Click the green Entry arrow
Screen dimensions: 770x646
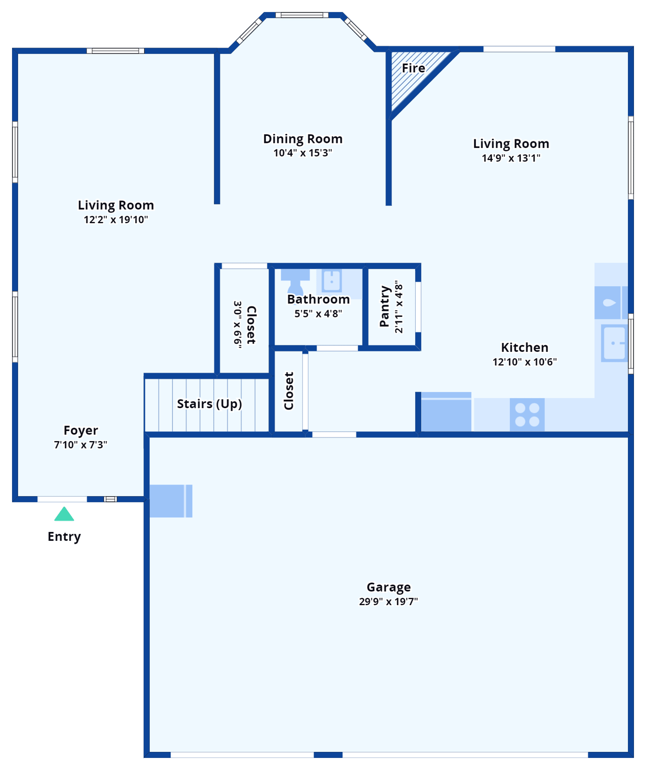point(64,515)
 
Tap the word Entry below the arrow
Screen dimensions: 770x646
point(64,536)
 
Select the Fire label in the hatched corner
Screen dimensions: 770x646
point(414,68)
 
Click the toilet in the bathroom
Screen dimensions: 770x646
point(295,282)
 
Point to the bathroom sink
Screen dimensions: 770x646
point(332,281)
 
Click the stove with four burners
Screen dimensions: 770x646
point(527,415)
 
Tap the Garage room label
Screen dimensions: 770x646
point(389,587)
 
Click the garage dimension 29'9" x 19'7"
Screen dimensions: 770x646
point(389,602)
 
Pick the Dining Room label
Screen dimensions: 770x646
point(303,139)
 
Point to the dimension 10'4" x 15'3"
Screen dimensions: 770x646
point(303,153)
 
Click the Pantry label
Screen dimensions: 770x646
point(385,306)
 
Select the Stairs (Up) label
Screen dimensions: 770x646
point(209,404)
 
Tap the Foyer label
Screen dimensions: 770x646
point(81,430)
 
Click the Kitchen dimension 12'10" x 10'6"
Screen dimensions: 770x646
point(525,362)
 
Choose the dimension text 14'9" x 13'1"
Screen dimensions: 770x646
point(511,158)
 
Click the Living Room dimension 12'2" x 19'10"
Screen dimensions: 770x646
point(116,220)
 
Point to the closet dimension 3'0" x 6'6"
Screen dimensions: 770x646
point(238,323)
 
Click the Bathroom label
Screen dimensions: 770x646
point(318,299)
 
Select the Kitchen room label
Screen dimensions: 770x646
point(525,347)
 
